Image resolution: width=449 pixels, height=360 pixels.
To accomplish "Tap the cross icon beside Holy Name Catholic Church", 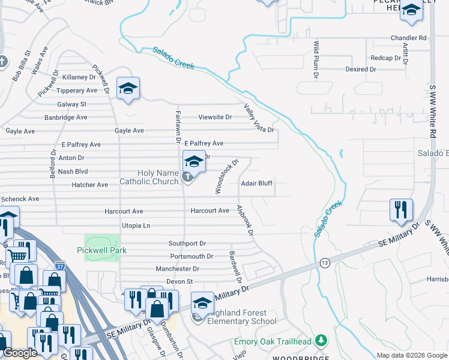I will tap(187, 176).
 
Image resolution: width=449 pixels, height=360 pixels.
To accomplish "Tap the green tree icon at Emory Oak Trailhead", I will tap(322, 341).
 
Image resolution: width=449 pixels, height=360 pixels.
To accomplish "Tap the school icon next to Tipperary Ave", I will tap(128, 88).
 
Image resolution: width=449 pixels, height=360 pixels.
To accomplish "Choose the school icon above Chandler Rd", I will tap(411, 10).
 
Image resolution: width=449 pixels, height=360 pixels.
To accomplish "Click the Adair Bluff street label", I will tap(257, 184).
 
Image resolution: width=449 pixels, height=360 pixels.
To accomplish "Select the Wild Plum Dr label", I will tap(315, 60).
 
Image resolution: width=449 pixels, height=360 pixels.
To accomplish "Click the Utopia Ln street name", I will tap(136, 226).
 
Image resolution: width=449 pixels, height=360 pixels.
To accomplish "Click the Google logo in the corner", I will tap(20, 353).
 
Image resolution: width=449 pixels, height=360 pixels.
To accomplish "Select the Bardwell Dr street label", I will tap(235, 266).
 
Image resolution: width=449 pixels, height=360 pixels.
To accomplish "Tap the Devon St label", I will tap(179, 281).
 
